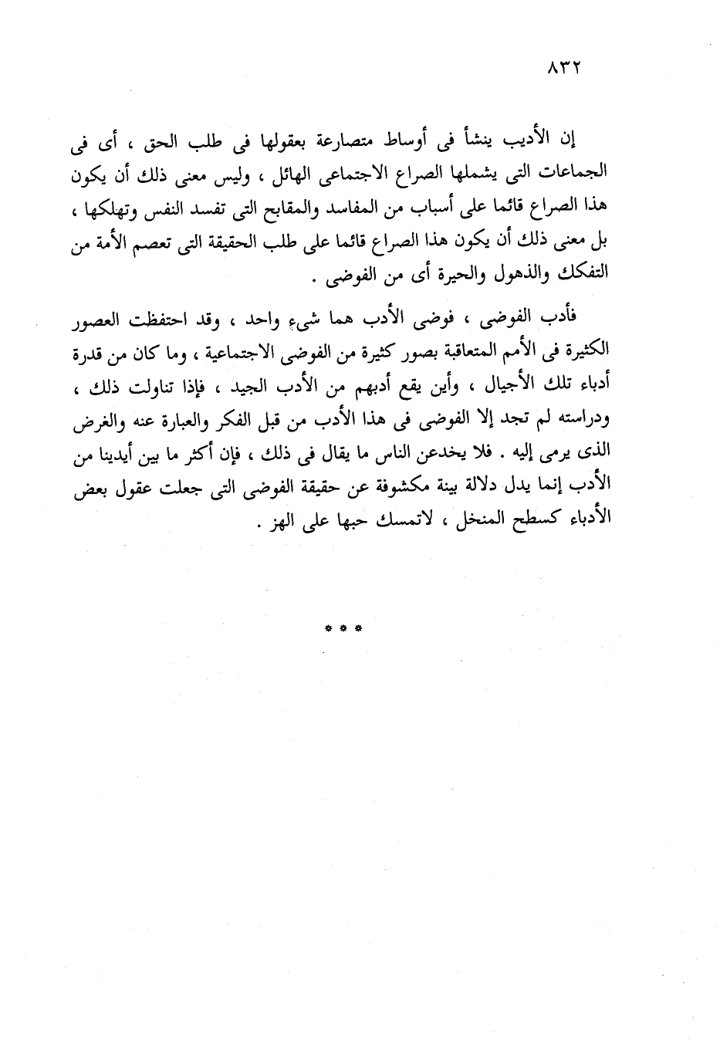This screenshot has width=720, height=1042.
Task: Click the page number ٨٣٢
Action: tap(563, 69)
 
